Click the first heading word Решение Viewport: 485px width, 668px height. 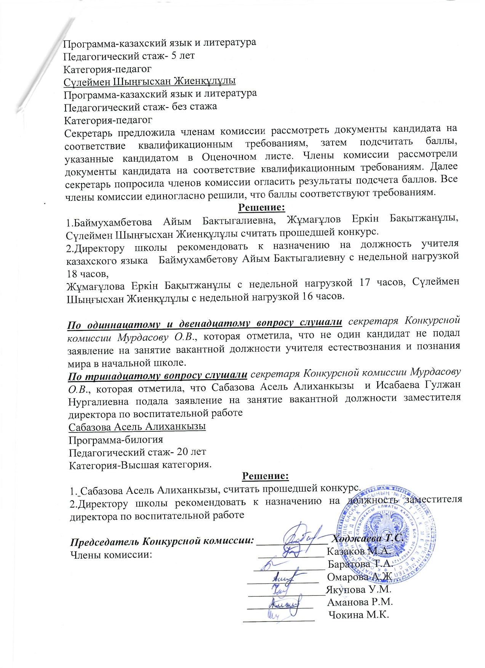(261, 208)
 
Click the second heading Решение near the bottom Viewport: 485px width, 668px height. (266, 476)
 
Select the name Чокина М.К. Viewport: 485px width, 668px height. (359, 615)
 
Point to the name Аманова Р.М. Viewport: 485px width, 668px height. (360, 602)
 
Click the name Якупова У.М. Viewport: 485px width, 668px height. (358, 590)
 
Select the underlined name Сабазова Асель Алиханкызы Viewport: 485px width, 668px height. (137, 426)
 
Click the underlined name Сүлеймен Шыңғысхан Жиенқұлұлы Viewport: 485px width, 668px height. (149, 81)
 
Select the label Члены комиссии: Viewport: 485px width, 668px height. (112, 554)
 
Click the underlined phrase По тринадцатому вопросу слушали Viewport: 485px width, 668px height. (158, 376)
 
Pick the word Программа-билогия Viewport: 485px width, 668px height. (116, 439)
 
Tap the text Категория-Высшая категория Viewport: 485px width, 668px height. (140, 465)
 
